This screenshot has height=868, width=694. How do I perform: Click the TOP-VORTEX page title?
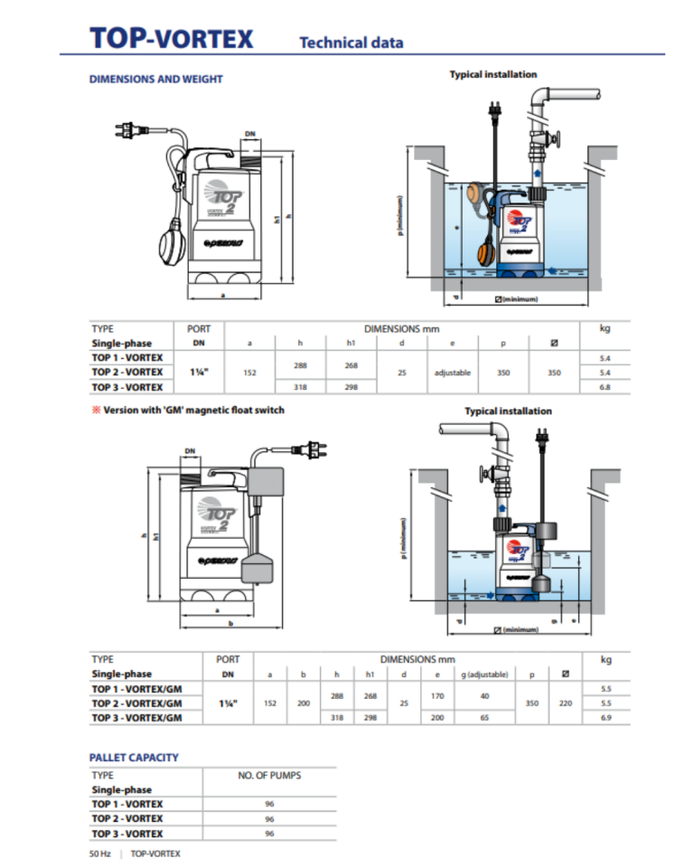pos(172,39)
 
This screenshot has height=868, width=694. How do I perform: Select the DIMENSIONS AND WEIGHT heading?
pos(155,79)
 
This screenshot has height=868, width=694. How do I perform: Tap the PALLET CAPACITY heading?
pos(134,757)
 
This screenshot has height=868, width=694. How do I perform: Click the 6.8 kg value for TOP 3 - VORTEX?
pos(605,387)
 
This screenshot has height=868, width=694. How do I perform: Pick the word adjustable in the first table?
pos(454,373)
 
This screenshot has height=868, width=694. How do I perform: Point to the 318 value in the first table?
pos(300,387)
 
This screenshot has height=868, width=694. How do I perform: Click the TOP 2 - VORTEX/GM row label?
pos(137,703)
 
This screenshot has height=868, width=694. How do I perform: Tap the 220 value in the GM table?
pos(565,703)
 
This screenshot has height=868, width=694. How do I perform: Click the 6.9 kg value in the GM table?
pos(605,717)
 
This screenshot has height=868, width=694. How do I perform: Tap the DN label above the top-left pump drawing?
pos(250,134)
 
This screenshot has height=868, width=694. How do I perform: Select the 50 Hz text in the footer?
pos(100,854)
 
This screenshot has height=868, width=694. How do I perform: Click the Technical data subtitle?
pos(351,42)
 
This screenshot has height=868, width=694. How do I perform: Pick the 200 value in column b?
pos(304,703)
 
